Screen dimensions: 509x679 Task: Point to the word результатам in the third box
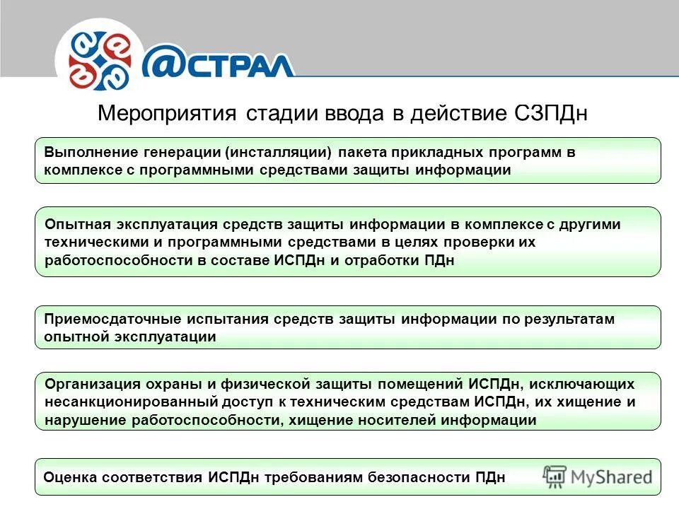click(569, 319)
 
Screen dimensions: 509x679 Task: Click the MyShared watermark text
click(612, 477)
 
